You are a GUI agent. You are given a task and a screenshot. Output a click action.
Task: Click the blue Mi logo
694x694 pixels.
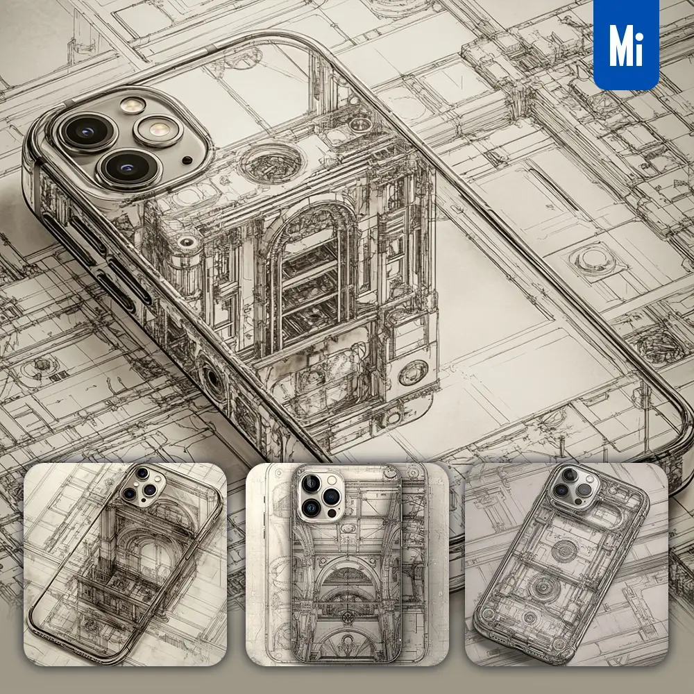(626, 44)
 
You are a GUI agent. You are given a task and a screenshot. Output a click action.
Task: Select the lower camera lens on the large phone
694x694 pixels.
(128, 168)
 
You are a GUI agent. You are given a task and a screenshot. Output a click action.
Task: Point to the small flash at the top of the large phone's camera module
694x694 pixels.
(133, 105)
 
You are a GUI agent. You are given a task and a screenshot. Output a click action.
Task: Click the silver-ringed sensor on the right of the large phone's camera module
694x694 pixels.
(158, 130)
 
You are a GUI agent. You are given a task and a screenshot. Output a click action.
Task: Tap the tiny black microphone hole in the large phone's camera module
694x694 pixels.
(187, 160)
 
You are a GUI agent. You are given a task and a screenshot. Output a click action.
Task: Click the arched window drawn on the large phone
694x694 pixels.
(310, 274)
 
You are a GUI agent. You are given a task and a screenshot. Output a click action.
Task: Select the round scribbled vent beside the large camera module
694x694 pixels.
(271, 162)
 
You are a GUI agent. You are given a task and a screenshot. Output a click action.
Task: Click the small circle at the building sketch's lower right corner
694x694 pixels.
(413, 372)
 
